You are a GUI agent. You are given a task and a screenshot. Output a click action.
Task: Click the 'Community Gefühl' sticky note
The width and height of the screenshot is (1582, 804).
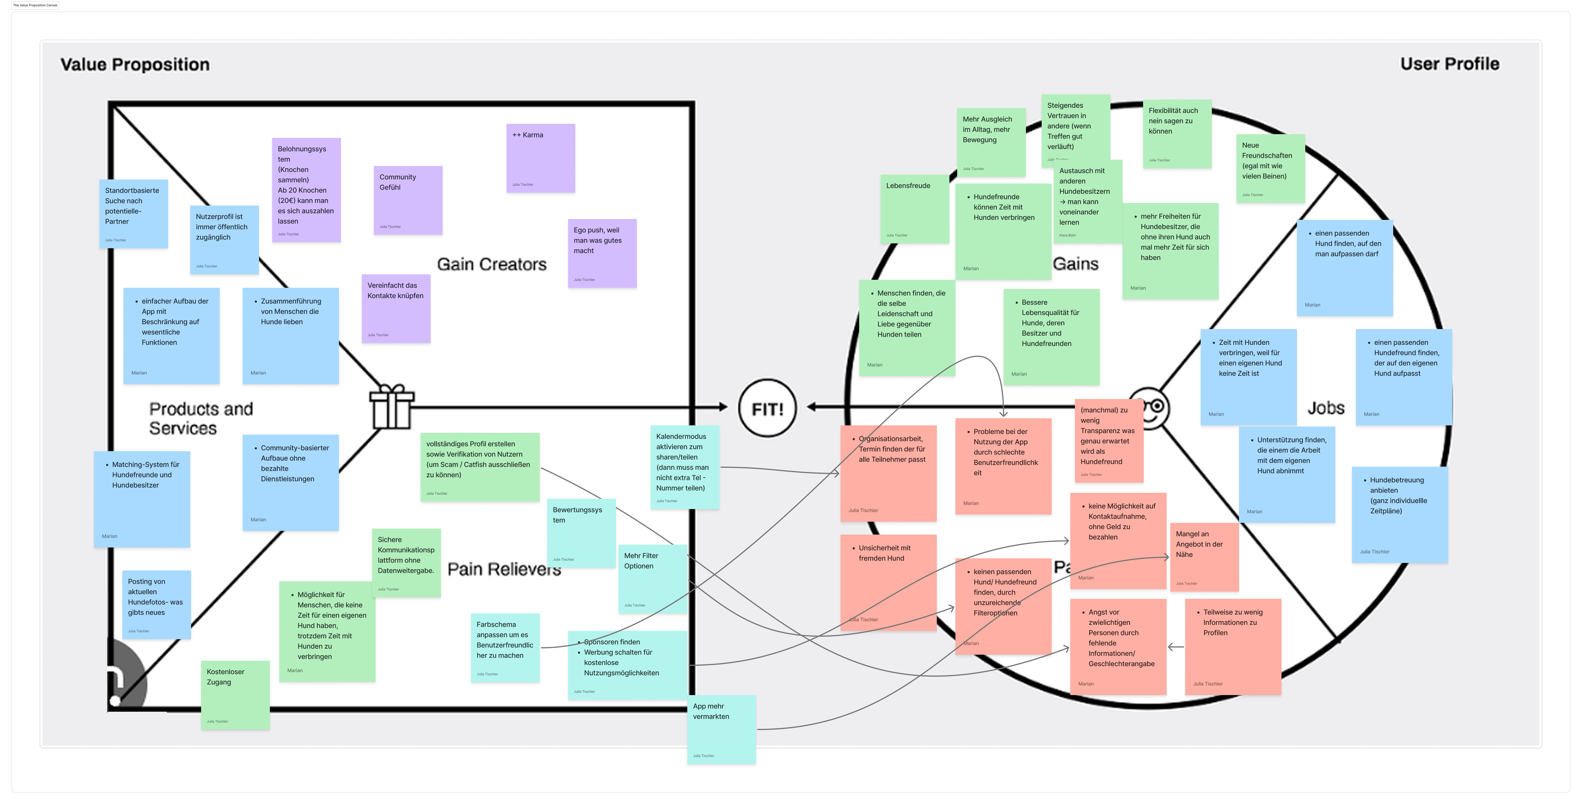coord(408,199)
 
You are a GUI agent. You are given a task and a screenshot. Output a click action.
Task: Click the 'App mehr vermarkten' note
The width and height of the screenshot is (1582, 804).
coord(721,729)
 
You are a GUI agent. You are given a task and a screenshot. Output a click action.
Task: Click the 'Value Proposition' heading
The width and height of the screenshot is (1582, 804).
coord(135,64)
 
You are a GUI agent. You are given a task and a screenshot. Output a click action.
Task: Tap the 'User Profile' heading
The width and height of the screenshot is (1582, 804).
coord(1449,64)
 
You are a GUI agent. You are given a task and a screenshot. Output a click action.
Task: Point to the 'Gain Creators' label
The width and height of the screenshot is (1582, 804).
coord(491,264)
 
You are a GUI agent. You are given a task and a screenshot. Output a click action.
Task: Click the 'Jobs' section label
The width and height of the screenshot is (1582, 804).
coord(1325,408)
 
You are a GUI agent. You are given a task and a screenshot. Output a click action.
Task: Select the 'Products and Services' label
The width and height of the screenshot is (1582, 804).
coord(201,418)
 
